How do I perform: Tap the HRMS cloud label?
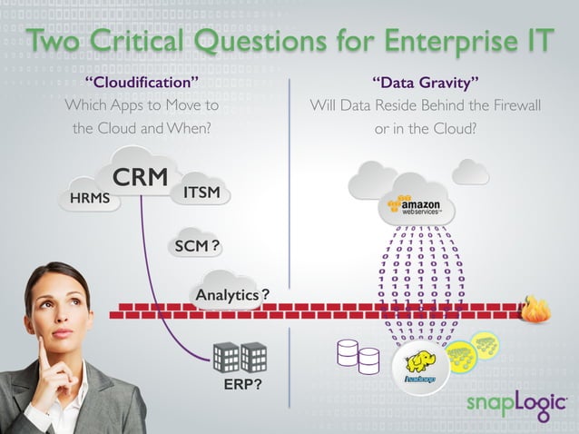click(x=89, y=198)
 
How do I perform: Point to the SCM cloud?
click(x=198, y=245)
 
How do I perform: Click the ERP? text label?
click(x=242, y=386)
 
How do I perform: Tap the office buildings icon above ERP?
click(x=240, y=357)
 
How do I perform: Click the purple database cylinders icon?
click(x=358, y=357)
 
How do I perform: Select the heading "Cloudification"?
click(x=141, y=84)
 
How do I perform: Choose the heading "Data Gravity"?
click(x=426, y=84)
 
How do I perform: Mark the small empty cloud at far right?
click(x=470, y=172)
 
